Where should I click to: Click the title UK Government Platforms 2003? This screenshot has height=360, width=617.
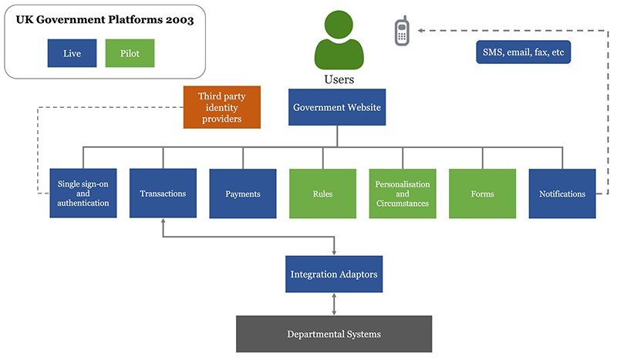click(x=105, y=21)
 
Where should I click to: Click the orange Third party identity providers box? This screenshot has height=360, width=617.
click(x=221, y=107)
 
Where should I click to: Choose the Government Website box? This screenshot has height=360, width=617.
click(x=336, y=107)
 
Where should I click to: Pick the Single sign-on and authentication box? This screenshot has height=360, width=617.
click(x=83, y=193)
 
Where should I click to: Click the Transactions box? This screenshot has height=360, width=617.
click(x=163, y=193)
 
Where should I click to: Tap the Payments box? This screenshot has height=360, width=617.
click(x=243, y=193)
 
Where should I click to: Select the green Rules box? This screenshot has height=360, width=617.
click(x=323, y=193)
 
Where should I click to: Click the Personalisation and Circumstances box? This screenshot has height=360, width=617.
click(x=403, y=193)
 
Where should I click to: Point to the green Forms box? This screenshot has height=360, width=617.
click(x=483, y=193)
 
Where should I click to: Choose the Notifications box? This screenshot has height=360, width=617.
click(x=562, y=193)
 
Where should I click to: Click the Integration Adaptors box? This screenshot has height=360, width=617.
click(x=333, y=274)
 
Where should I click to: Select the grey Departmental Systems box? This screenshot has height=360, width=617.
click(x=333, y=334)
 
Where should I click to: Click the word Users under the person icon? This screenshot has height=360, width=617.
click(x=339, y=79)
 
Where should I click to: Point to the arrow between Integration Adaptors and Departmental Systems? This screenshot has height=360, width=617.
click(x=333, y=304)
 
